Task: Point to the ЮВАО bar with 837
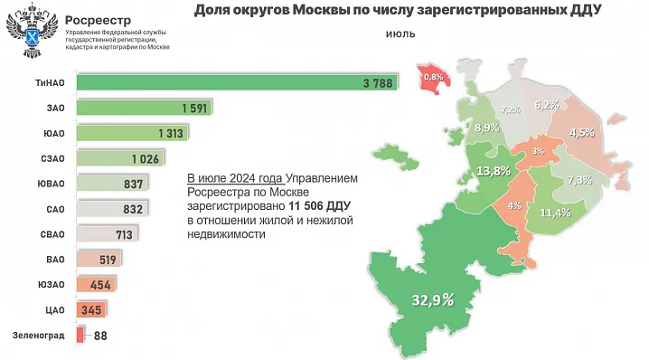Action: tap(110, 185)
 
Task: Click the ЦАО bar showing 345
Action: tap(91, 310)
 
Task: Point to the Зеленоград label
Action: tap(38, 336)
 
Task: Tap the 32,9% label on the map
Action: tap(432, 300)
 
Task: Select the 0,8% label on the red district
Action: tap(434, 77)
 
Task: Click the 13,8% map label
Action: tap(493, 171)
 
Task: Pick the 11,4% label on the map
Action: tap(554, 213)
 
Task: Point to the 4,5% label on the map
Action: tap(581, 132)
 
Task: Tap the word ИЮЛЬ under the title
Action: tap(400, 37)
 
